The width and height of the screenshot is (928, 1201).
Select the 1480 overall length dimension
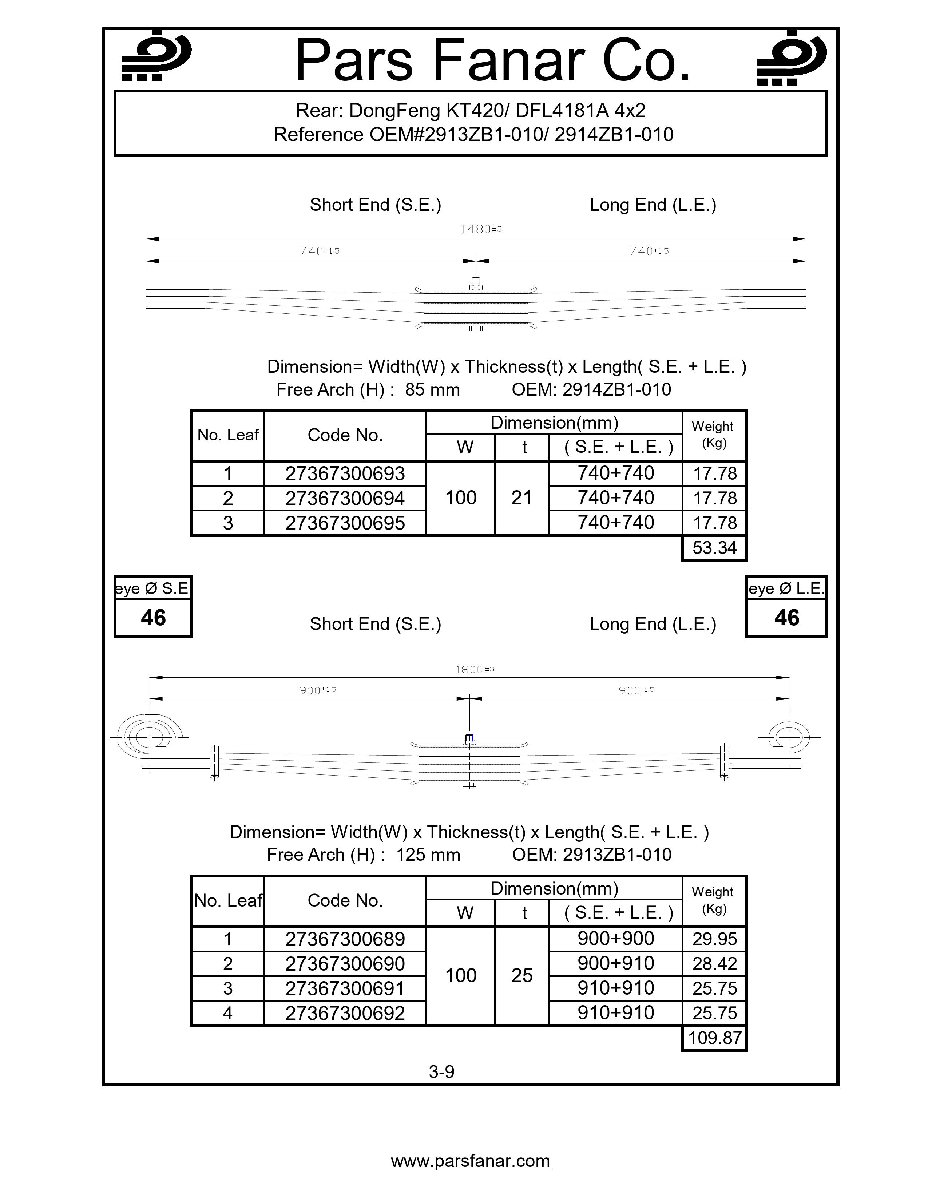(x=480, y=229)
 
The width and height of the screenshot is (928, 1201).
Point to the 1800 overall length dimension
(x=475, y=669)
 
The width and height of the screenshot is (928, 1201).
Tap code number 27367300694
(x=345, y=498)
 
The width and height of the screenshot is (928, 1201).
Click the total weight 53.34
(x=714, y=548)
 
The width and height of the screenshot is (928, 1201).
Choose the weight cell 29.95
(x=714, y=939)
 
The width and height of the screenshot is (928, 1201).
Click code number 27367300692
(x=345, y=1013)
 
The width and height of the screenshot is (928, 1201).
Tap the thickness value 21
(x=521, y=498)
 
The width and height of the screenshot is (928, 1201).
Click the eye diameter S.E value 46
(x=153, y=618)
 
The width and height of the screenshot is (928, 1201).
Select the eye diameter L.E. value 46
(x=786, y=618)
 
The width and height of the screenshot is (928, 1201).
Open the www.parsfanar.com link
(x=470, y=1161)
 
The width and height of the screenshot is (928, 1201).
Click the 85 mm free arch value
(x=432, y=389)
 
